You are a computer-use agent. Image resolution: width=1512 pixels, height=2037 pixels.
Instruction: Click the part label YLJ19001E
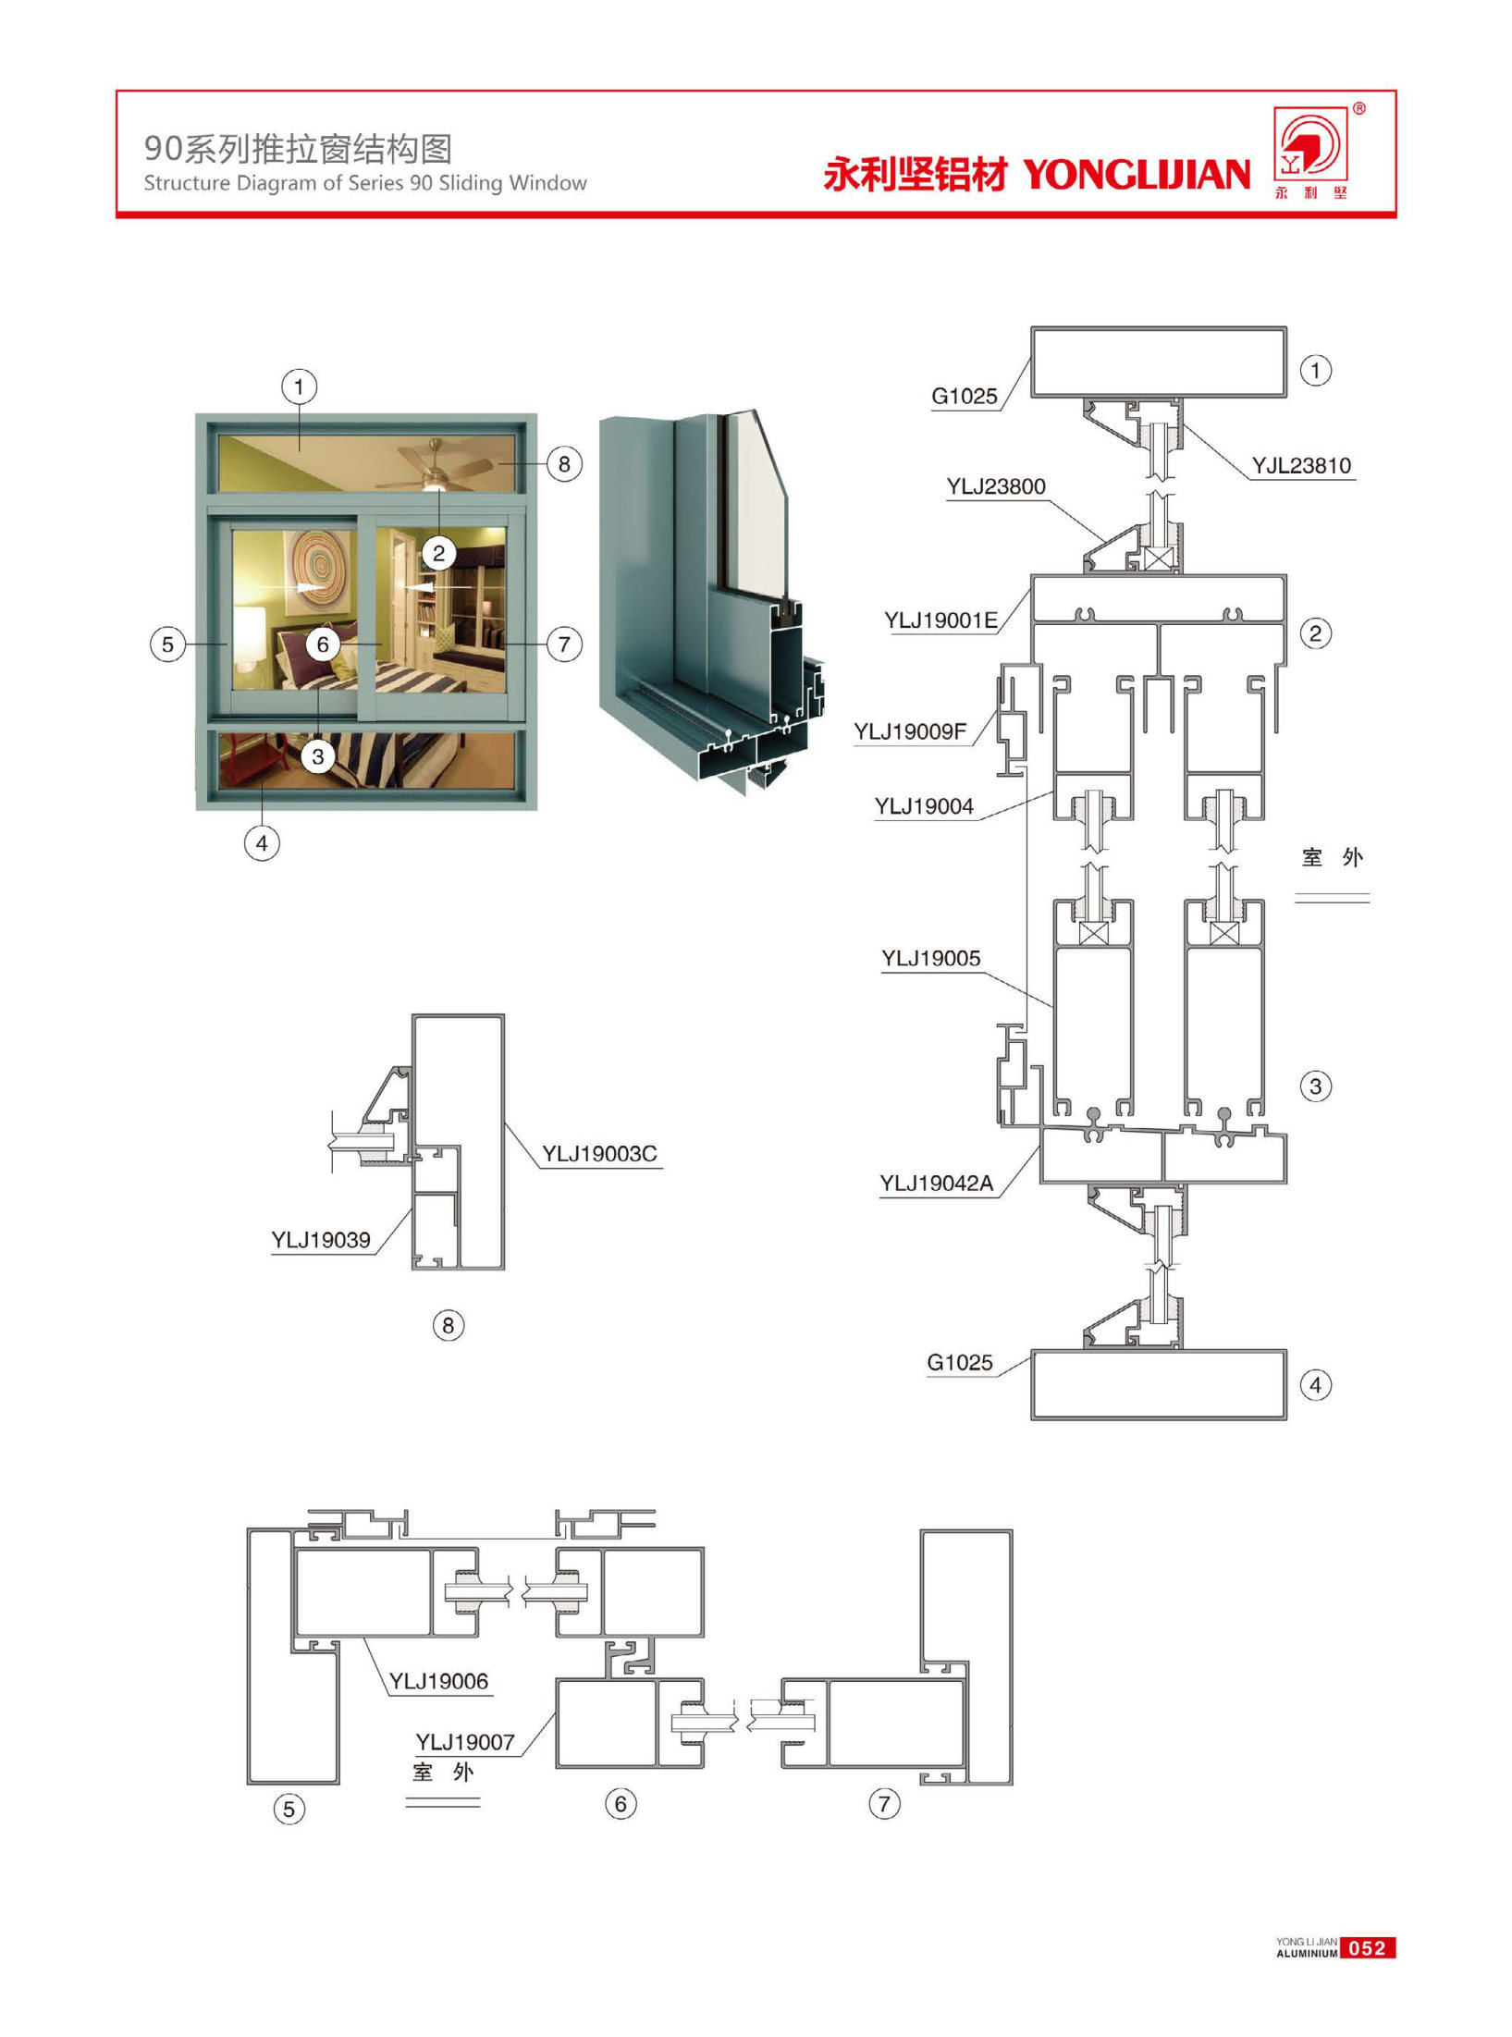coord(940,620)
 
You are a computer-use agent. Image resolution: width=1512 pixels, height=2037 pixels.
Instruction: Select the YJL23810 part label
coord(1300,465)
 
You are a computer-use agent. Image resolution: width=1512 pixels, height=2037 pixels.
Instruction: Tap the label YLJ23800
coord(995,486)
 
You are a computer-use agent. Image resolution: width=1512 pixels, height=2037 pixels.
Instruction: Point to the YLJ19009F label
coord(910,731)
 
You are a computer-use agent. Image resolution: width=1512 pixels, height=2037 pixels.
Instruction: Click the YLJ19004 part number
coord(924,806)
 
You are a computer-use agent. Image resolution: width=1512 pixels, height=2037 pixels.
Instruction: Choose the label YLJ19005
coord(930,958)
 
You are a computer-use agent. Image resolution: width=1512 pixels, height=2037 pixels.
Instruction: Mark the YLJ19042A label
coord(936,1183)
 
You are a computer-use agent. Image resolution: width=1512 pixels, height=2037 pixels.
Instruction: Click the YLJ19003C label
coord(599,1153)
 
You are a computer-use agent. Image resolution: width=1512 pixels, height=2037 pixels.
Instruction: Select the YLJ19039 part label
coord(320,1240)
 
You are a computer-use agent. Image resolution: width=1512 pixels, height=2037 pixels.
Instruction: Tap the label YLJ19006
coord(438,1681)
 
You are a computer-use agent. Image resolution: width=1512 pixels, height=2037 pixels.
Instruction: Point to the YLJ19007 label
coord(464,1742)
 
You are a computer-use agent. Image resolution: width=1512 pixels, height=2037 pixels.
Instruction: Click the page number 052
coord(1367,1948)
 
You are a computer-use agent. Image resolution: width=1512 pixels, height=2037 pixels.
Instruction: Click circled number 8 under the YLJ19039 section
coord(449,1325)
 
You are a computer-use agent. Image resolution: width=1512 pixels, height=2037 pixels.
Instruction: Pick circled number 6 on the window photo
coord(323,644)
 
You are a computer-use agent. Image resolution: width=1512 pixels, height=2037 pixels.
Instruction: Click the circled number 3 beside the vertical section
coord(1316,1086)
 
